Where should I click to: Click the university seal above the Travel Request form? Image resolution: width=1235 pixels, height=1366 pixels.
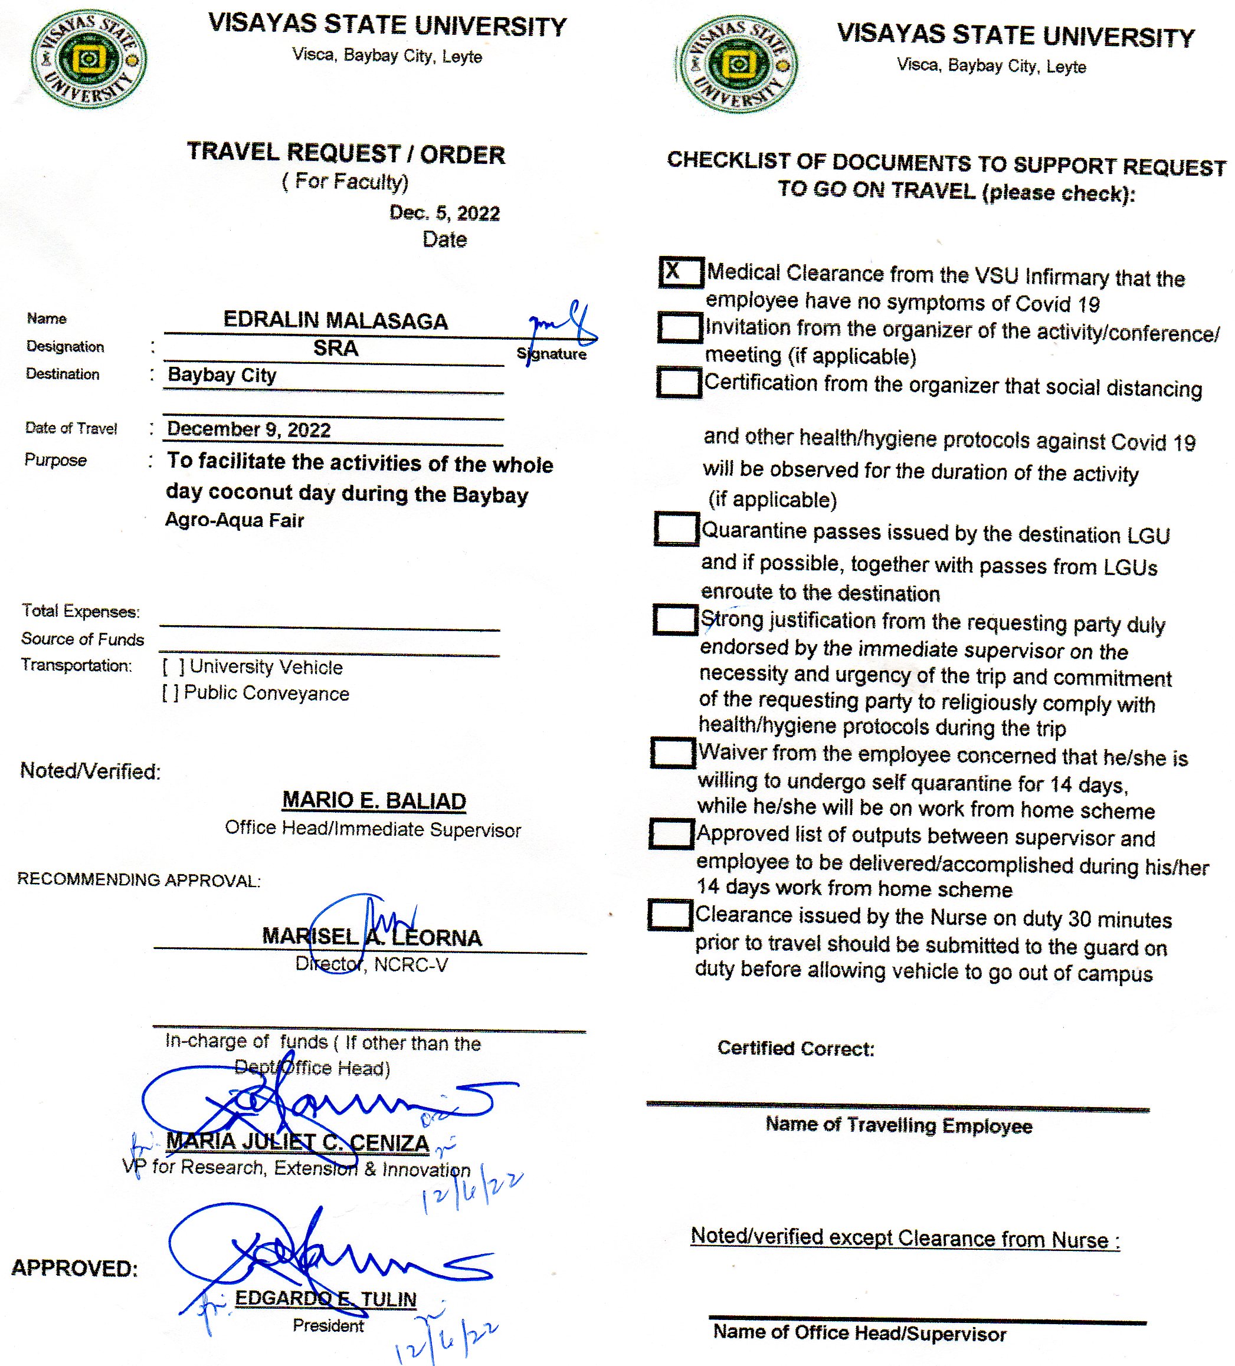click(x=88, y=60)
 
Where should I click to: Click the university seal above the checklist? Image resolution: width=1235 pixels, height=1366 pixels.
click(x=738, y=65)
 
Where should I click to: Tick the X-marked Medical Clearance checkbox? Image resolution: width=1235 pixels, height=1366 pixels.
click(x=680, y=272)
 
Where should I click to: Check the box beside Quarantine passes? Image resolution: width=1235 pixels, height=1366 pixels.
click(x=676, y=528)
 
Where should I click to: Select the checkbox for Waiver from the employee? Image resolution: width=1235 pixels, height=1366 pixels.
click(x=673, y=753)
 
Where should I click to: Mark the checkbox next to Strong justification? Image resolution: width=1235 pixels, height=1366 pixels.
click(x=674, y=619)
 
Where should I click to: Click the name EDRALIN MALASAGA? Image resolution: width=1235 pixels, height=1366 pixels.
click(x=336, y=320)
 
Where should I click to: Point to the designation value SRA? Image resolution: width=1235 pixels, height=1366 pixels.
click(x=336, y=348)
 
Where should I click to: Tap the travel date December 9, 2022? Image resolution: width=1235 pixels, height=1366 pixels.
click(x=249, y=429)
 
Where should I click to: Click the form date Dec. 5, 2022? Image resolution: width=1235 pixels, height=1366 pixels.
click(x=444, y=214)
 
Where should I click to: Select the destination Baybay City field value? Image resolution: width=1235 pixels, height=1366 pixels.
click(x=222, y=375)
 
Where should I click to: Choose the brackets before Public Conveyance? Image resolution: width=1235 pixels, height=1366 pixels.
click(x=170, y=693)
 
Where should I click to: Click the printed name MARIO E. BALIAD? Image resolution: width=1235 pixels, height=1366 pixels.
click(x=374, y=801)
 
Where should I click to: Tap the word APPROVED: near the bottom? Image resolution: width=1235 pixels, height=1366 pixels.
click(x=74, y=1268)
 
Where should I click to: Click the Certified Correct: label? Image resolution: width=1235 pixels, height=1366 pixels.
click(x=796, y=1049)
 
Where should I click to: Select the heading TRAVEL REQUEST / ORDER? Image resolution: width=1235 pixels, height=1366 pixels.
click(x=346, y=153)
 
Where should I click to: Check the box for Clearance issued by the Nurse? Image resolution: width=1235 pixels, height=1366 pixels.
click(x=670, y=915)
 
